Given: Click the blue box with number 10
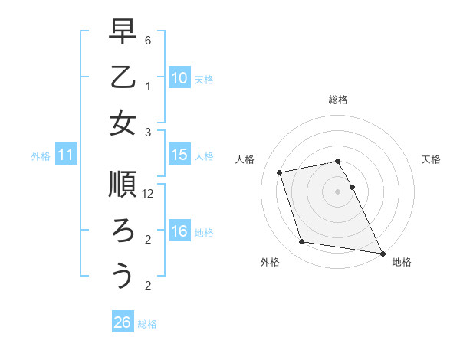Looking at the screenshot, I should pos(179,77).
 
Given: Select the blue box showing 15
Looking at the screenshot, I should pos(179,155).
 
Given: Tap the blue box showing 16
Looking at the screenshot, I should pos(179,231).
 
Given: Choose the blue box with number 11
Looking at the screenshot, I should pos(66,155).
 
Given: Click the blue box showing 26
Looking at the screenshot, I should pos(122,322).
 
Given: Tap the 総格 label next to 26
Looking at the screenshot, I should pos(147,324).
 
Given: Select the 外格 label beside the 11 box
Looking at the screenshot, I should pos(41,156).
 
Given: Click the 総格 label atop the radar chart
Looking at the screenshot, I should pos(338,100).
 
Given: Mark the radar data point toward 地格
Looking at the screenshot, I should pos(382,253).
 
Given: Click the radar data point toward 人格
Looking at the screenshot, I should pos(280,172).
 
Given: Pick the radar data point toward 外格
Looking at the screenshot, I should pos(302,242).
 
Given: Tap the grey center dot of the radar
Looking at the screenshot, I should pos(338,191).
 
